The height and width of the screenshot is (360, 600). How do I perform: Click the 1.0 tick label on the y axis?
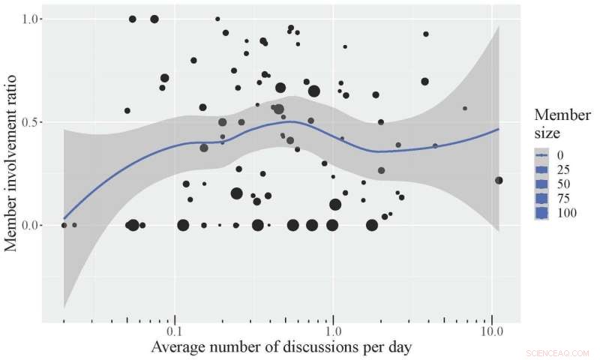pos(35,19)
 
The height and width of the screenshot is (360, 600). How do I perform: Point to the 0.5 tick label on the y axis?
pos(35,122)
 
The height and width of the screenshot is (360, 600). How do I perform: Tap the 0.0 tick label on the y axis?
pos(35,225)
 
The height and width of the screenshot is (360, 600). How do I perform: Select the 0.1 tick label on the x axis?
pos(175,331)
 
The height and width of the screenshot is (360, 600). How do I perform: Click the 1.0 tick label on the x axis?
pos(334,331)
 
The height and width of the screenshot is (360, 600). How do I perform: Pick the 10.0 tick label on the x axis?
pos(491,331)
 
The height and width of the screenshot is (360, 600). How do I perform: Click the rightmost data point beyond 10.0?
pos(499,180)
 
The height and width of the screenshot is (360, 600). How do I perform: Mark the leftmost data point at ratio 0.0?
pos(64,225)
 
